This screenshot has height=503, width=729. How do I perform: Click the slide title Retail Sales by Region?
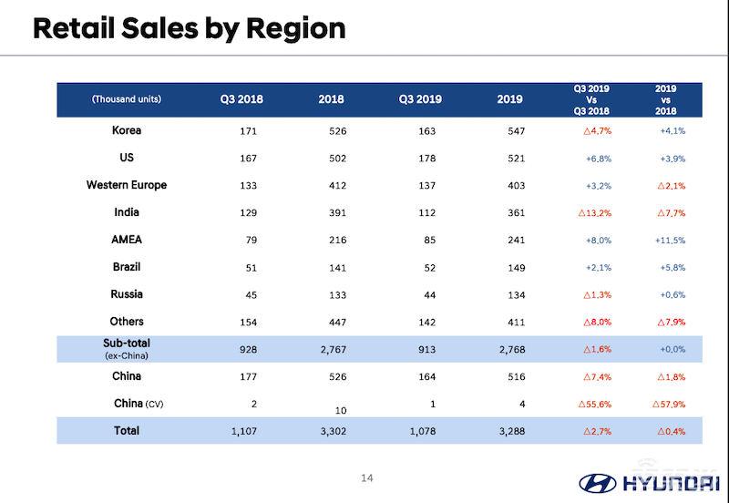189,28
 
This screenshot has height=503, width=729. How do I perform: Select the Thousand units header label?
127,99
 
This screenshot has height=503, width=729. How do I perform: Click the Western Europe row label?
127,185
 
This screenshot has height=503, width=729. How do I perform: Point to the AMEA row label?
127,240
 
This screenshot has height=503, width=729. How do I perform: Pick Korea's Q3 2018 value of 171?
248,131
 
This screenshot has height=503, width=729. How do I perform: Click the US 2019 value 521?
516,159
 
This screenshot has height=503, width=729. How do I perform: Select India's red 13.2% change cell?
593,213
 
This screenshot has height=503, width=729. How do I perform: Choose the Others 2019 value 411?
516,323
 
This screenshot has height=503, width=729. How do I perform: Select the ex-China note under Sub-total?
127,355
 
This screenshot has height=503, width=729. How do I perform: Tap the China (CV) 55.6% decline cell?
593,405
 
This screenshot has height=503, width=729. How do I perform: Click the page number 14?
368,477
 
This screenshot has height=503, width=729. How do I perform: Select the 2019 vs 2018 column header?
666,99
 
